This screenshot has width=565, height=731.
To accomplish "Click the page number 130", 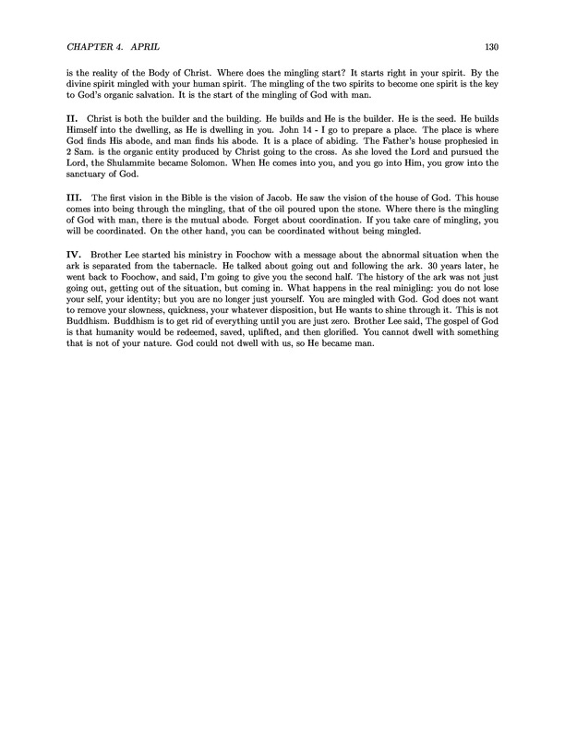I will point(492,47).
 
